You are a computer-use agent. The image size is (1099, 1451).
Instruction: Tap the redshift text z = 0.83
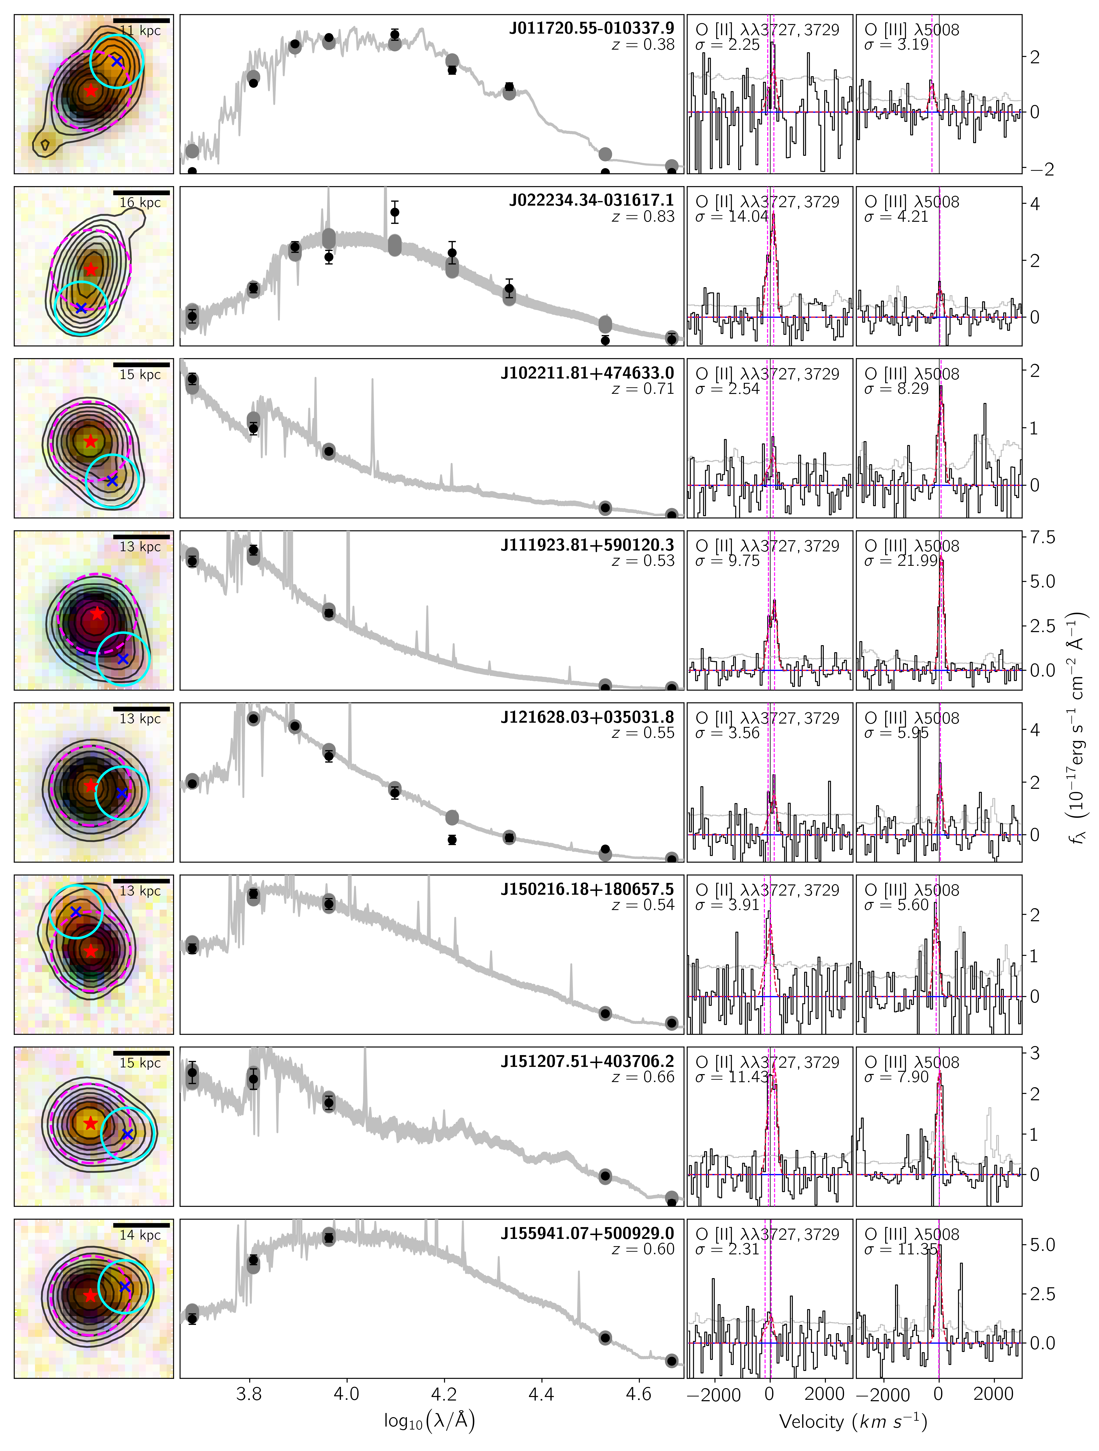[643, 217]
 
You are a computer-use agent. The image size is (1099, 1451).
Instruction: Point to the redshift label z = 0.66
[643, 1077]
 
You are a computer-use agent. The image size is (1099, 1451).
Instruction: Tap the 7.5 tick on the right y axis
[1043, 537]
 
